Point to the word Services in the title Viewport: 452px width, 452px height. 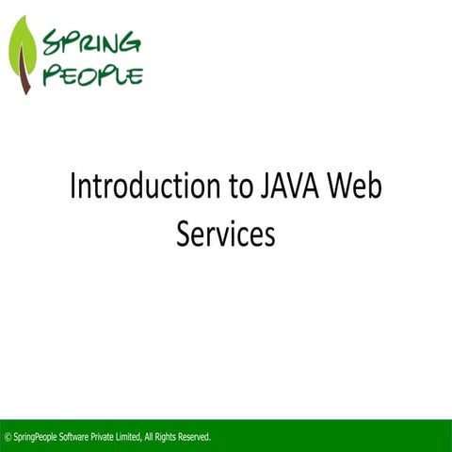[226, 234]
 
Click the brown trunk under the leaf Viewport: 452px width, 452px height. [26, 83]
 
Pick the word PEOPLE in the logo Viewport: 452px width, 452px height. [97, 73]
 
